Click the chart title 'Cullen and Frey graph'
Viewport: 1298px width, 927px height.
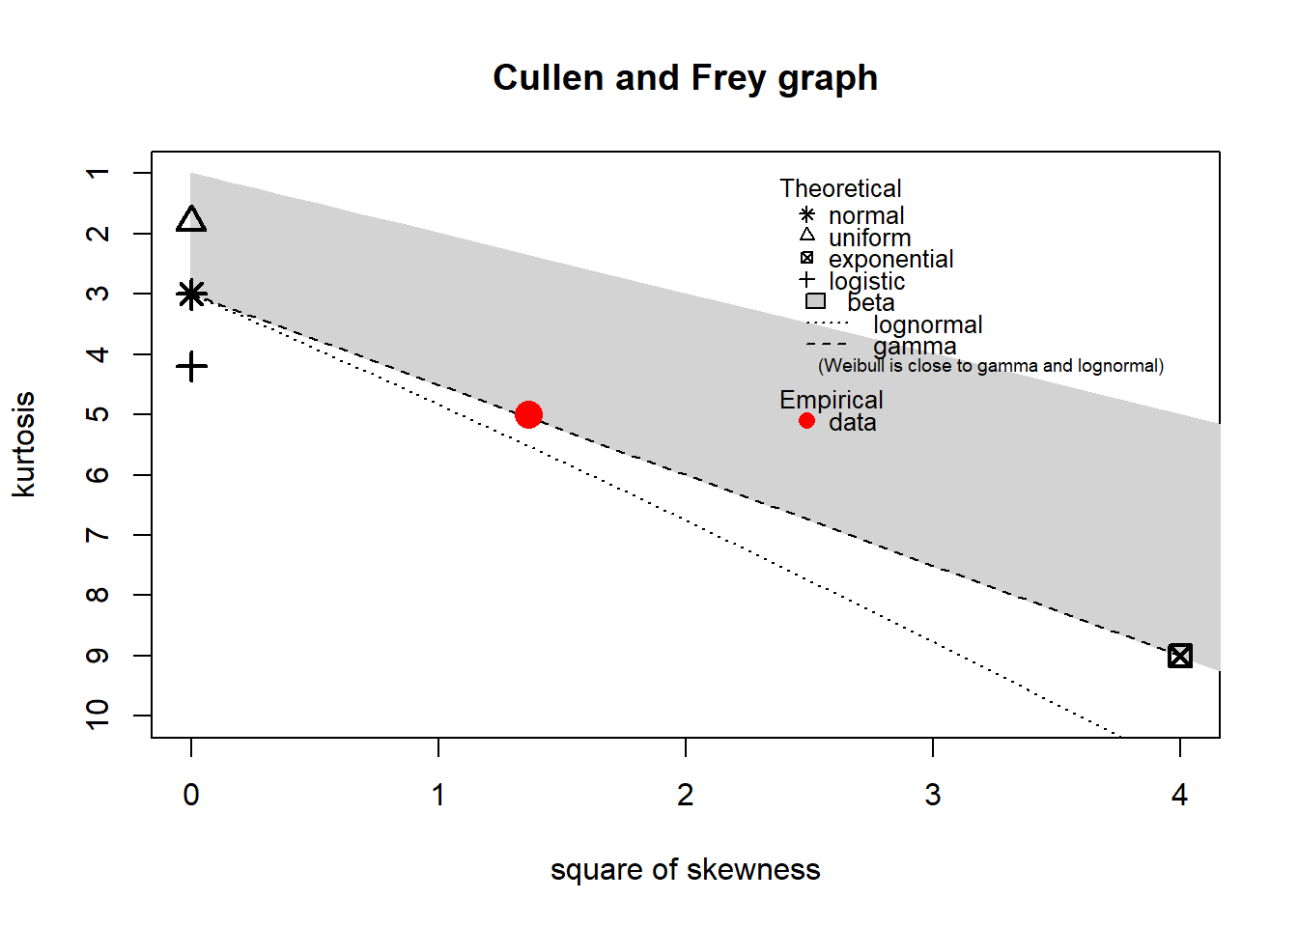685,77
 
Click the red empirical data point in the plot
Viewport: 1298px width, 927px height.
528,414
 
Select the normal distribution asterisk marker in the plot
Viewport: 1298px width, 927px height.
191,294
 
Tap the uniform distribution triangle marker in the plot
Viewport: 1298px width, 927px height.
191,220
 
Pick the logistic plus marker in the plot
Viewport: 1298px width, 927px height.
191,366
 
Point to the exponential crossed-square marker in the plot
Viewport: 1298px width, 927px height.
1179,656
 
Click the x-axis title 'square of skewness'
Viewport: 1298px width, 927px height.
685,869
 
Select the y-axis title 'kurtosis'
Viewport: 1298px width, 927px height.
23,444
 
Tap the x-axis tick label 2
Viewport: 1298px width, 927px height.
685,795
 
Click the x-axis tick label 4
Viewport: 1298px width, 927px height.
1179,795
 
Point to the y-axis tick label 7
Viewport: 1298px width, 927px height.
98,535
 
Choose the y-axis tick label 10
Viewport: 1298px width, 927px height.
98,715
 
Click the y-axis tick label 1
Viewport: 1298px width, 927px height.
98,173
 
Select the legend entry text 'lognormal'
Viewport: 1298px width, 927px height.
927,324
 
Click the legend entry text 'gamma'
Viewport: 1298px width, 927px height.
915,346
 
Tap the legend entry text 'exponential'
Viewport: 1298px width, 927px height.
890,259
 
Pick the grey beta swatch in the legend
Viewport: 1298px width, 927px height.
815,301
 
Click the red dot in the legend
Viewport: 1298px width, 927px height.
806,421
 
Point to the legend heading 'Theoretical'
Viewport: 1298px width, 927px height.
840,188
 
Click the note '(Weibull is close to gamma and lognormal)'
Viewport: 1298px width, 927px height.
991,366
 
